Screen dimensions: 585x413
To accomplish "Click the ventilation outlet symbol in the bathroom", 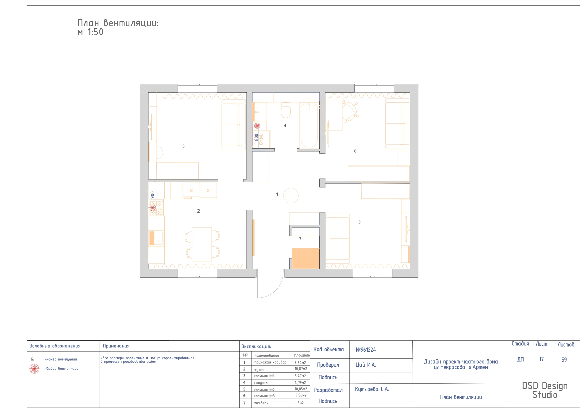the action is tap(257, 125).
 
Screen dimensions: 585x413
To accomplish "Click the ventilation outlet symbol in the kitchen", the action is tap(153, 208).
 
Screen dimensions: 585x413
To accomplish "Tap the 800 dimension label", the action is tap(256, 137).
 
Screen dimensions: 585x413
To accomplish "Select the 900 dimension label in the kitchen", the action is tap(152, 195).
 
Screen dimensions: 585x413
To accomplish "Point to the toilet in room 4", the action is tap(286, 110).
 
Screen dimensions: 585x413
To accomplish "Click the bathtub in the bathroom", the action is tap(309, 125).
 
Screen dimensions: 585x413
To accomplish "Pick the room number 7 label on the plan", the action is tap(300, 238).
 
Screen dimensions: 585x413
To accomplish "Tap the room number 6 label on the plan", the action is tap(355, 151).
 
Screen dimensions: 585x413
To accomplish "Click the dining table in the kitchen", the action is tap(202, 244).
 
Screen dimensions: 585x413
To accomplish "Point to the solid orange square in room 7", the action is tap(306, 258).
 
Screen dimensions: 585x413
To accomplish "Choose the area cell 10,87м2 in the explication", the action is tap(301, 369).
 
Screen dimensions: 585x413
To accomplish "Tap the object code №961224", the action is tap(366, 350).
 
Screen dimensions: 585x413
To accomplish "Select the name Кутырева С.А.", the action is tap(372, 389).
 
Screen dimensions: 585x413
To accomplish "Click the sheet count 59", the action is tap(564, 360).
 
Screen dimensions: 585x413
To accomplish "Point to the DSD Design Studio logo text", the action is tap(545, 390).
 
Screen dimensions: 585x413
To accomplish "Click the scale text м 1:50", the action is tap(90, 32).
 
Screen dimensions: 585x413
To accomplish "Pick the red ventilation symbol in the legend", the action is tap(34, 369).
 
